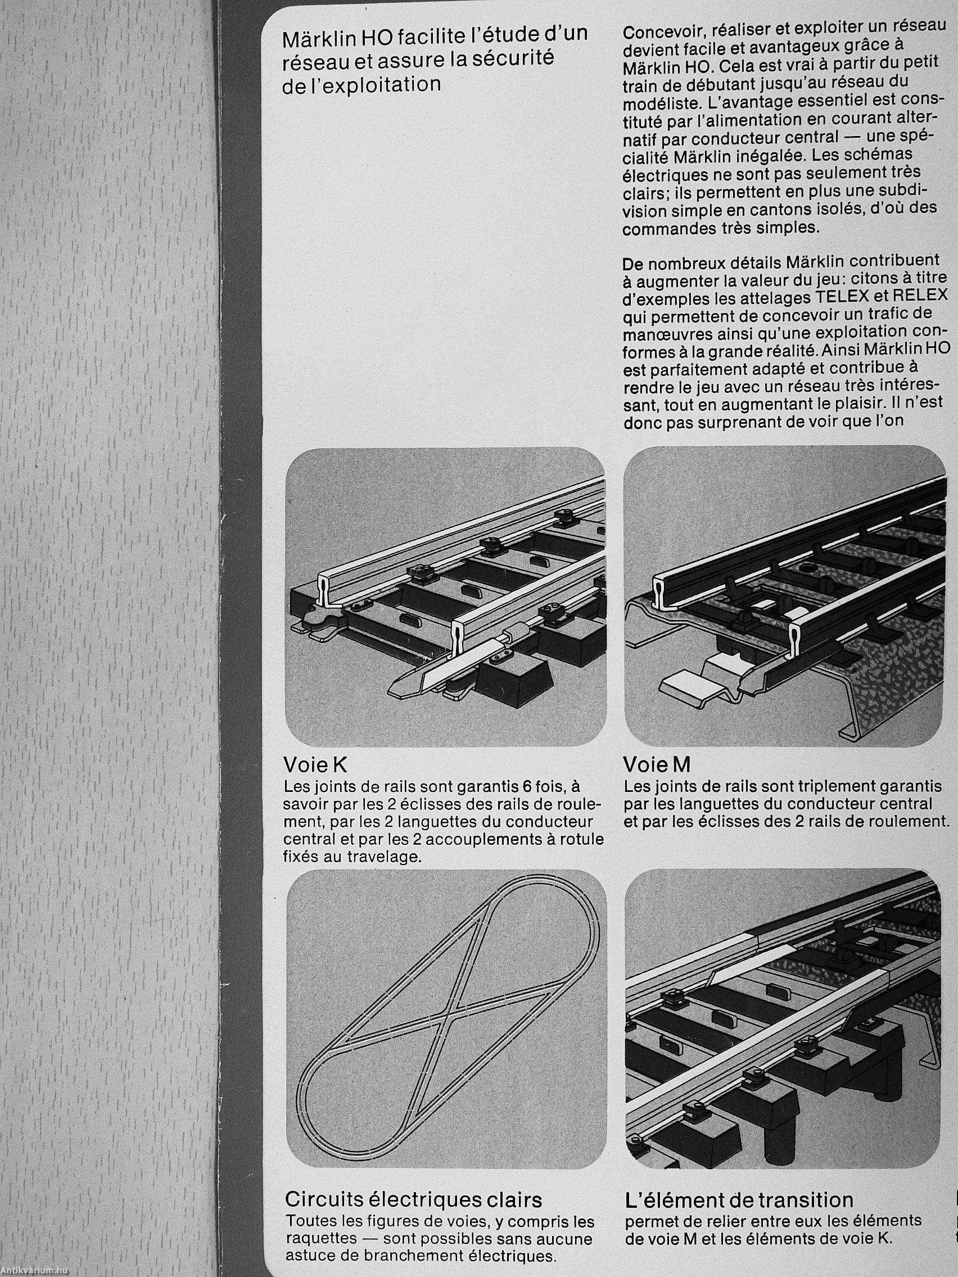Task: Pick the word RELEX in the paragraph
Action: click(920, 295)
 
